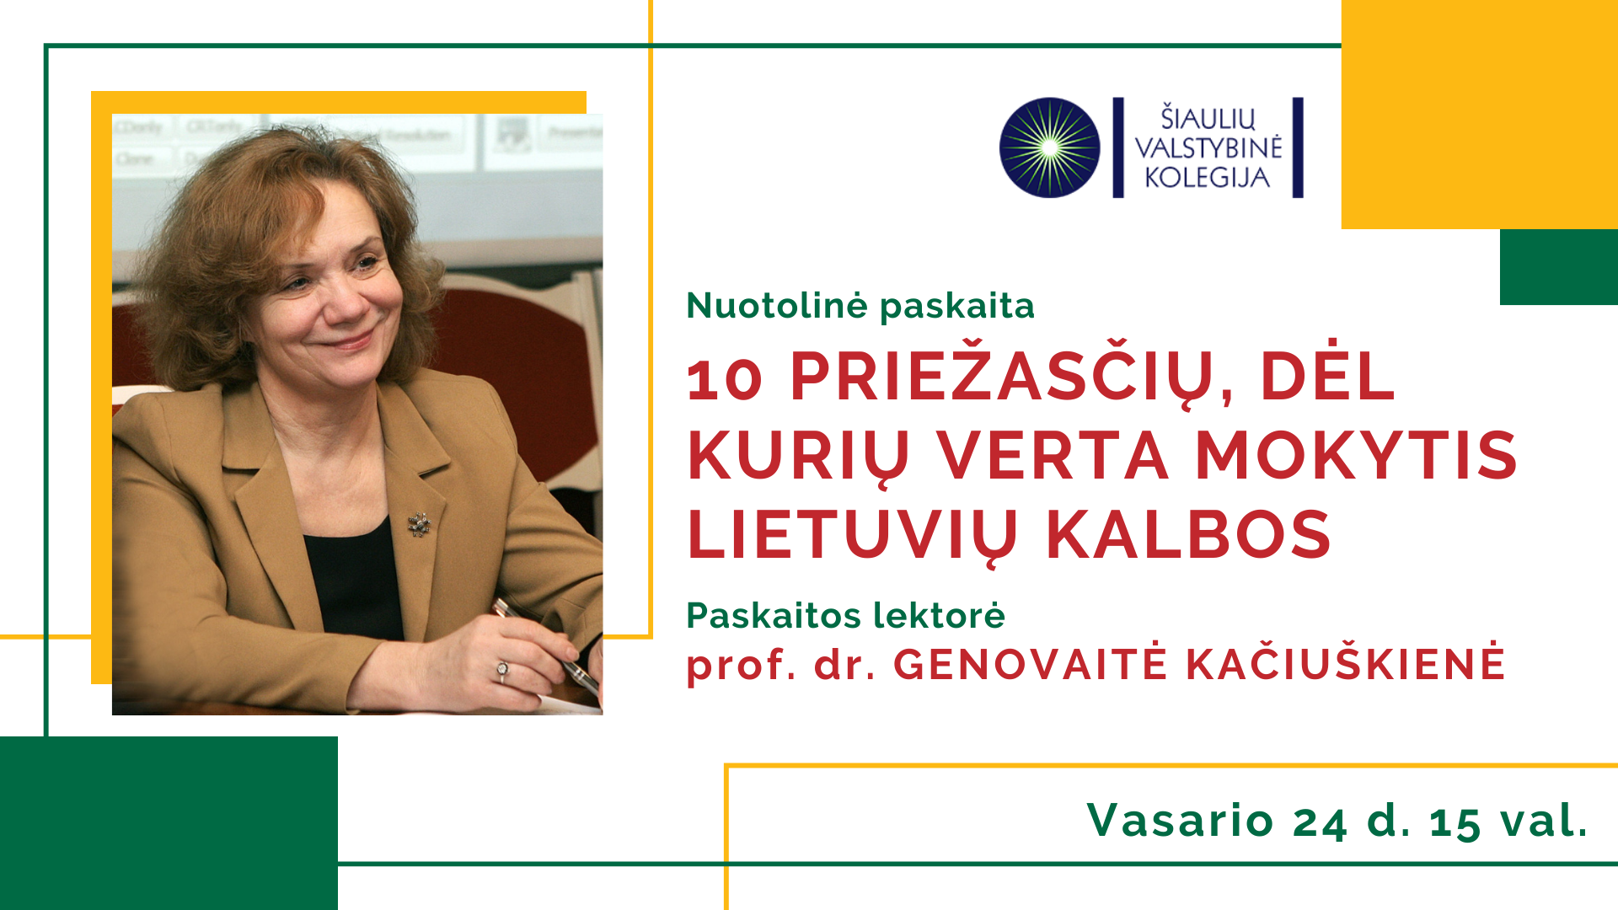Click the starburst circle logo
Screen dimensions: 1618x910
tap(1049, 147)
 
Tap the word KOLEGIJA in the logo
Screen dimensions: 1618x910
tap(1207, 178)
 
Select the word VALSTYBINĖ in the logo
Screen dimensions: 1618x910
tap(1208, 147)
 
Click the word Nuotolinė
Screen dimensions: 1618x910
tap(776, 305)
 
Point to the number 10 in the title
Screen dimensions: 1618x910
tap(725, 378)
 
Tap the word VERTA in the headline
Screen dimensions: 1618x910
tap(1053, 456)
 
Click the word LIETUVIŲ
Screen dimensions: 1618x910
tap(853, 538)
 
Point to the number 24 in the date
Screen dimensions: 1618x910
tap(1320, 822)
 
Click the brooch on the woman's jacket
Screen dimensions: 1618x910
tap(419, 524)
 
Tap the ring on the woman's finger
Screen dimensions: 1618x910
tap(502, 672)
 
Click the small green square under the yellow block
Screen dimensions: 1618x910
tap(1559, 267)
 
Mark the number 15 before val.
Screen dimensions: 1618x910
tap(1455, 822)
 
